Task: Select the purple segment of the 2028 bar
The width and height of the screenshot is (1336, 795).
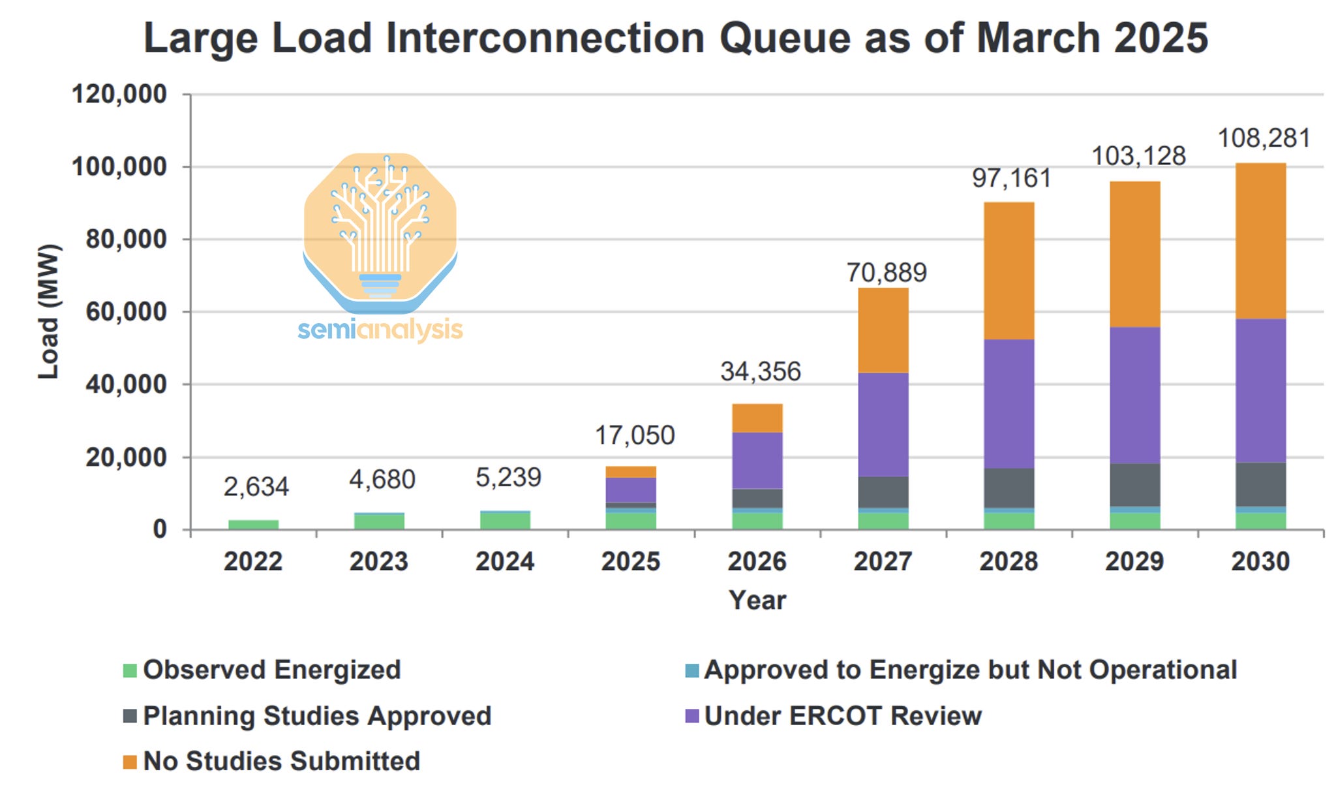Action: coord(1009,403)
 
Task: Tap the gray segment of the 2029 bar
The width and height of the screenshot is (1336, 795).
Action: coord(1134,484)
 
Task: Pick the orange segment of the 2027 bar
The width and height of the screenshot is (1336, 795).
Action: coord(883,330)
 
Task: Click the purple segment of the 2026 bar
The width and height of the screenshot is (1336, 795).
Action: coord(757,460)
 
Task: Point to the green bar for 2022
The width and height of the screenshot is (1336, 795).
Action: coord(253,524)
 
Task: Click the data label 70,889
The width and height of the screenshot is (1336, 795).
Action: coord(886,272)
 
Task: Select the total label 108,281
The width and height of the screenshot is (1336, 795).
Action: coord(1264,138)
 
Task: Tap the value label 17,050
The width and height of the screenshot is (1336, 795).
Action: coord(634,435)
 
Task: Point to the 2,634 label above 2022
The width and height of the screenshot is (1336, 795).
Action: coord(256,486)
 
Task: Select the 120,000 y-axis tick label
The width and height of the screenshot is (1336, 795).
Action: coord(119,94)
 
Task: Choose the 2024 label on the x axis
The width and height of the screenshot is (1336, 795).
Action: coord(504,561)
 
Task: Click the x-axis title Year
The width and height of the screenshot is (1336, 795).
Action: coord(757,600)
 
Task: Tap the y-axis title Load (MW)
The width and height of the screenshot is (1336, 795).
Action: coord(49,311)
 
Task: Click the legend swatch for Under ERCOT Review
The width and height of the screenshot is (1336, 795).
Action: coord(692,716)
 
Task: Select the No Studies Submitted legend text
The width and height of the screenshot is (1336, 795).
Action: coord(281,761)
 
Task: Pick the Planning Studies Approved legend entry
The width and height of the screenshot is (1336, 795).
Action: coord(316,716)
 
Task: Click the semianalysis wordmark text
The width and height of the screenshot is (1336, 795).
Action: coord(380,330)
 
